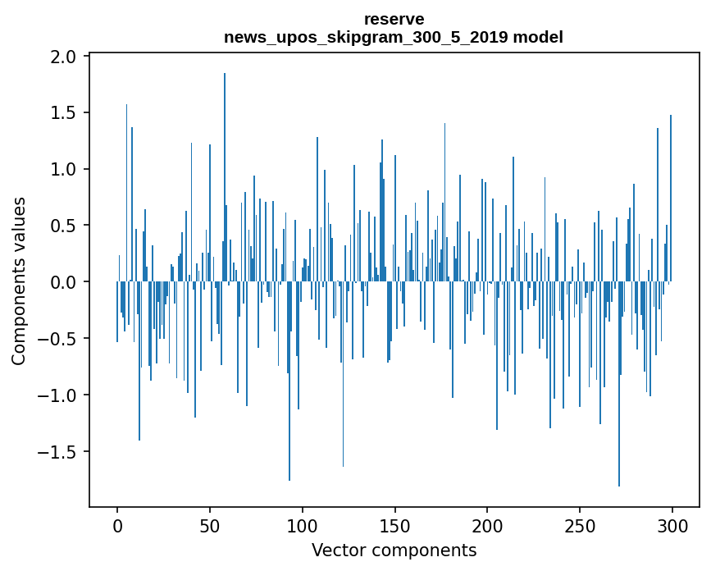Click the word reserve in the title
pos(394,19)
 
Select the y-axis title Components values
pos(19,281)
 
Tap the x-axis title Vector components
pos(394,550)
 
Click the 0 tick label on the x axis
pos(117,525)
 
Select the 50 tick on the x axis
pos(210,525)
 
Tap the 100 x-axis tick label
pos(303,525)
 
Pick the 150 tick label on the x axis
pos(394,525)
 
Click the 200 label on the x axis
pos(487,525)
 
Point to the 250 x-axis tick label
pos(580,525)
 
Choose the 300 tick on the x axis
pos(672,525)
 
